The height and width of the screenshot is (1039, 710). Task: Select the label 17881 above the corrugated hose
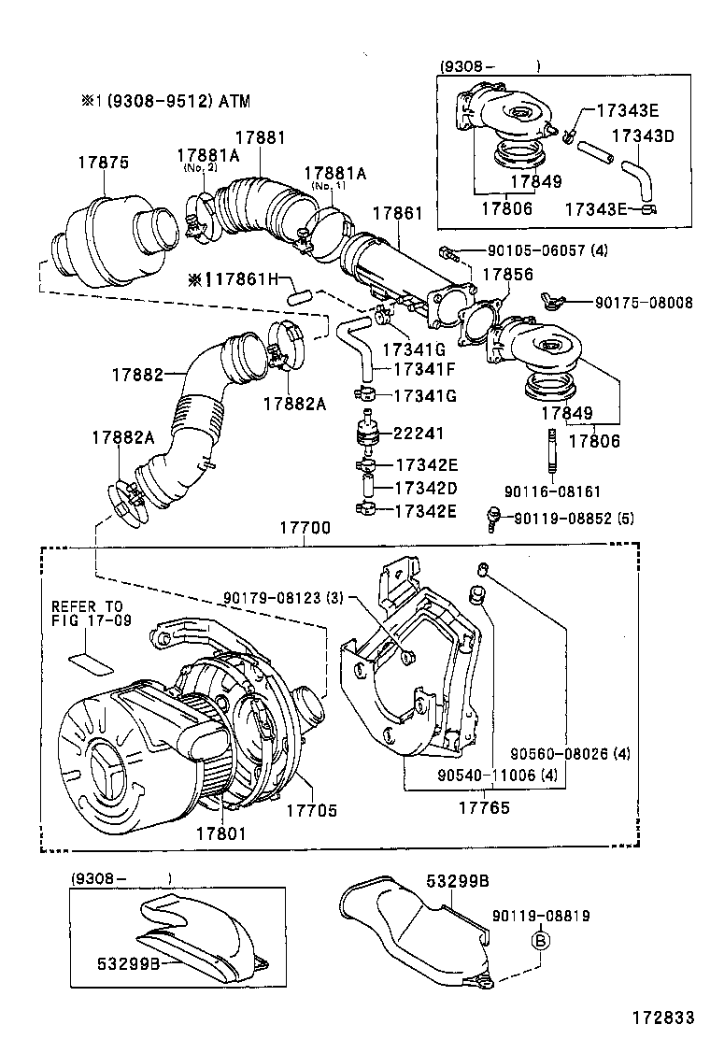(x=260, y=136)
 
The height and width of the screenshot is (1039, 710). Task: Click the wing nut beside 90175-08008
(x=551, y=301)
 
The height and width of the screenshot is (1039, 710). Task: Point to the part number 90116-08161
(x=552, y=491)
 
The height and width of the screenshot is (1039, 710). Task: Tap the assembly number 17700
(x=305, y=528)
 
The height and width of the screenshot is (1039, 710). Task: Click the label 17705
(x=311, y=811)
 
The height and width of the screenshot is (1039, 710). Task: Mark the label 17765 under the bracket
(x=483, y=806)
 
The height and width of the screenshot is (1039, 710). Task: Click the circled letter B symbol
(x=540, y=941)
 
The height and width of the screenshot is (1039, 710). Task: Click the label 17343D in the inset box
(x=643, y=136)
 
